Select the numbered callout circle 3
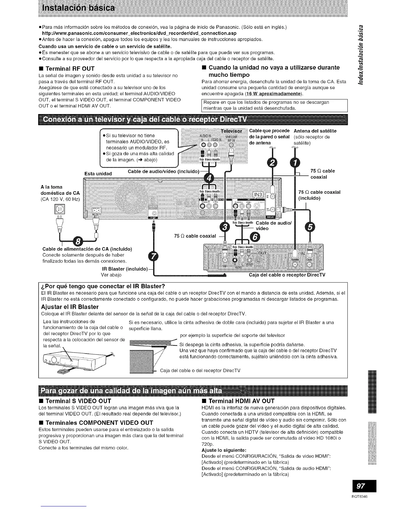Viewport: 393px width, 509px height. point(225,228)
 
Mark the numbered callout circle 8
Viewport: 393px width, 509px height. point(78,242)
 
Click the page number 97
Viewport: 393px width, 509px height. point(361,486)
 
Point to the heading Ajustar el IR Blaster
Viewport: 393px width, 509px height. point(70,307)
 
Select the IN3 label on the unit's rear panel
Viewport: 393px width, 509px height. point(258,195)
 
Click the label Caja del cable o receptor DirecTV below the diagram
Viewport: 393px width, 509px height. point(287,275)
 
